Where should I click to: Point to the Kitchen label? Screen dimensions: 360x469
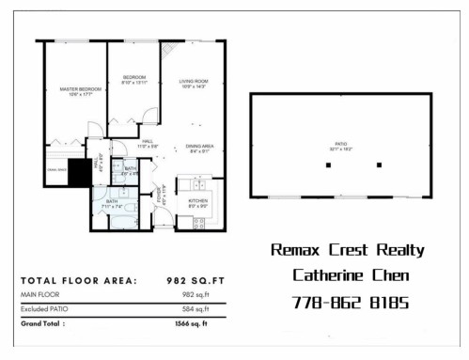coord(197,201)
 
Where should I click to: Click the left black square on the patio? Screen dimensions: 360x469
coord(328,165)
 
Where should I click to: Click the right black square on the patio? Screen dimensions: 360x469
coord(379,165)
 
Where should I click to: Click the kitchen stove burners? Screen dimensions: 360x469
coord(198,222)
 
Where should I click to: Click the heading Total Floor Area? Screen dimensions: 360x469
coord(78,279)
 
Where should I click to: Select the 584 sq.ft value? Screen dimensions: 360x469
coord(195,308)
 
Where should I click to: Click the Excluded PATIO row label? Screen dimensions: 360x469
coord(48,308)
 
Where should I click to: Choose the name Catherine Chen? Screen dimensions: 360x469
coord(346,276)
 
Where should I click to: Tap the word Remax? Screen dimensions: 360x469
coord(295,250)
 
